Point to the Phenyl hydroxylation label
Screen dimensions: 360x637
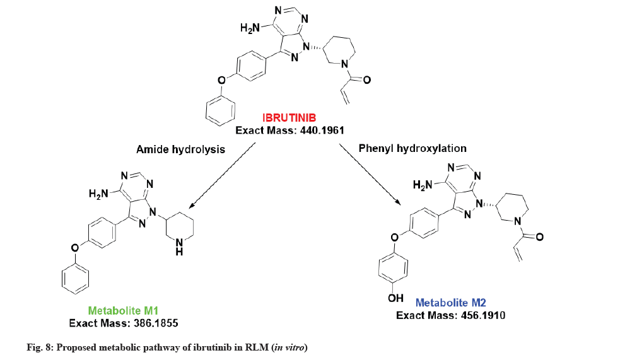412,149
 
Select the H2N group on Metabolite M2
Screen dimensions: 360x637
423,185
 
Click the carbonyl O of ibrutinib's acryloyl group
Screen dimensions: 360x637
367,80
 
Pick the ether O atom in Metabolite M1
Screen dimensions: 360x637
75,247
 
